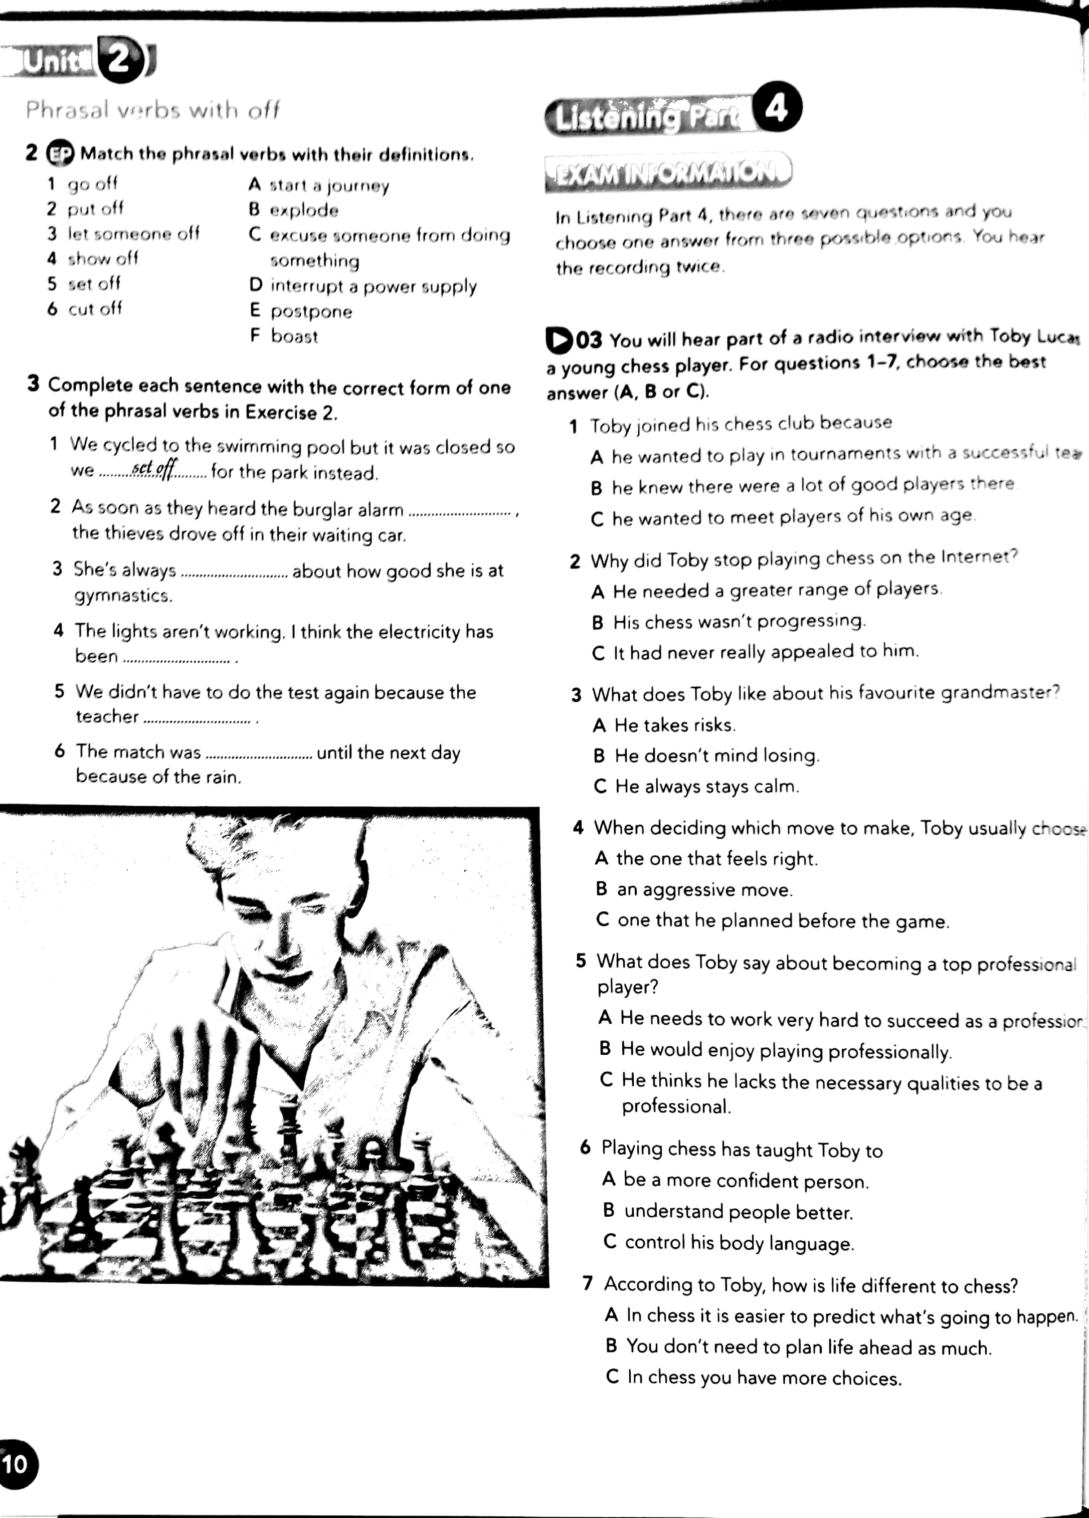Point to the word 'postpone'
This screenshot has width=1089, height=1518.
pyautogui.click(x=311, y=311)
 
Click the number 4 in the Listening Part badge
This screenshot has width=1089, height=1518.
pyautogui.click(x=777, y=108)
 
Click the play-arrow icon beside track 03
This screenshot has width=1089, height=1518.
pyautogui.click(x=559, y=340)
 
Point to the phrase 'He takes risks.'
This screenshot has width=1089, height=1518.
pyautogui.click(x=675, y=725)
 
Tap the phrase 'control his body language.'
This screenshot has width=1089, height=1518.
pyautogui.click(x=739, y=1243)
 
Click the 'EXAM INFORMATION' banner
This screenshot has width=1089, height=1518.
pyautogui.click(x=667, y=172)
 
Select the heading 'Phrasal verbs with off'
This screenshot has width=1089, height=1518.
pyautogui.click(x=152, y=110)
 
